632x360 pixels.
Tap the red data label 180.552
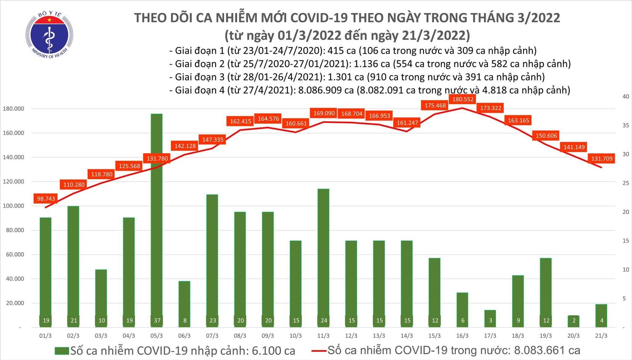point(463,99)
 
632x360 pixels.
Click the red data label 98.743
point(46,199)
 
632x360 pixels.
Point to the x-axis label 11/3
point(323,336)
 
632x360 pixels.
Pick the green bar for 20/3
point(574,321)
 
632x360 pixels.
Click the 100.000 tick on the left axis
point(13,206)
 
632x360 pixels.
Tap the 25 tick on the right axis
point(626,183)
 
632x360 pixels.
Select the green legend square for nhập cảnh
point(62,351)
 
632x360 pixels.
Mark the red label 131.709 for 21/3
point(602,159)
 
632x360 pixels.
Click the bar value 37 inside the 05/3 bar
point(157,321)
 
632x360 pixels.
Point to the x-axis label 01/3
point(45,336)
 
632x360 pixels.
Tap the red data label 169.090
point(324,113)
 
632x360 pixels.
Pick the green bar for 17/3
point(490,318)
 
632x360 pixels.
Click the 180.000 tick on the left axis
point(13,109)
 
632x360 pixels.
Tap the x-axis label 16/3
point(462,336)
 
